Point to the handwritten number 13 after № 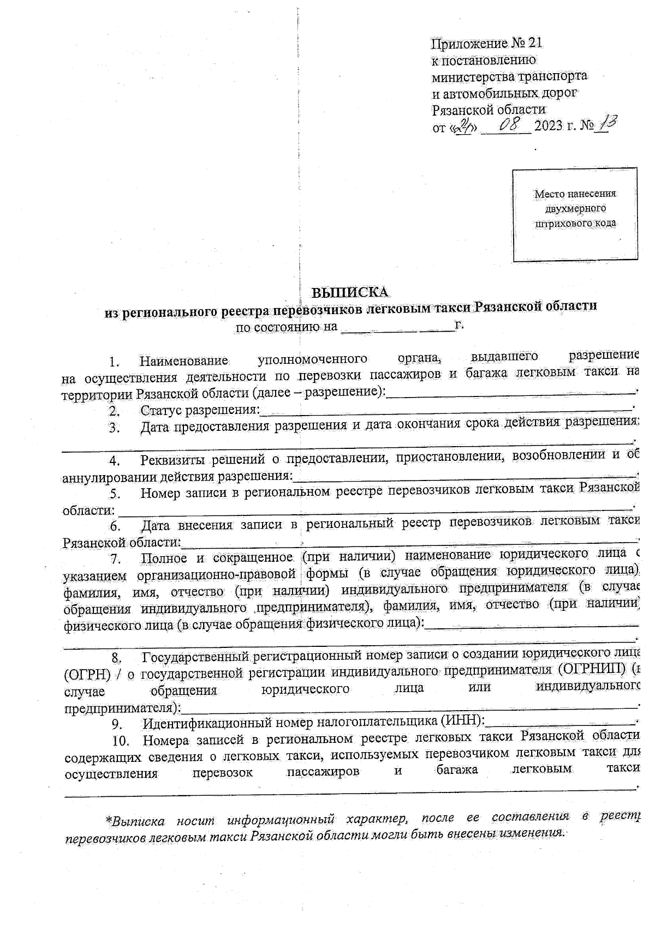pos(607,124)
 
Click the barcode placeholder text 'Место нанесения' pos(575,194)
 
